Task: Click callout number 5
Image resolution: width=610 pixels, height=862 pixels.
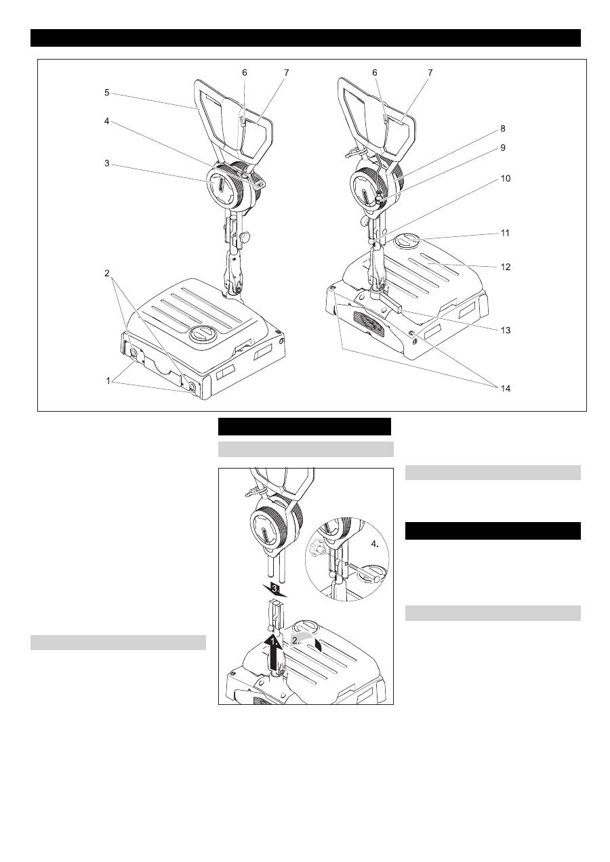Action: pyautogui.click(x=106, y=93)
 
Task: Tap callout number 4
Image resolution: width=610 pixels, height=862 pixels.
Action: pyautogui.click(x=106, y=121)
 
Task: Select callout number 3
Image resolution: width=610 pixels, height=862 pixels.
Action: pyautogui.click(x=106, y=163)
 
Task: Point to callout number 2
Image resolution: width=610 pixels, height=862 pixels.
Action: pyautogui.click(x=106, y=273)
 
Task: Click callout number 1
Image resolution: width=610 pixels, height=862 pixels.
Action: pyautogui.click(x=108, y=381)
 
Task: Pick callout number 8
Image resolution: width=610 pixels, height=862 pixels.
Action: pyautogui.click(x=502, y=129)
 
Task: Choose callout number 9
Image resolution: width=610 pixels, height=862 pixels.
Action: pyautogui.click(x=502, y=148)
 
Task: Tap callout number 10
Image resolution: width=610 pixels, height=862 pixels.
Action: pyautogui.click(x=505, y=179)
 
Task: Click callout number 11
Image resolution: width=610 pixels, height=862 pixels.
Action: pyautogui.click(x=505, y=233)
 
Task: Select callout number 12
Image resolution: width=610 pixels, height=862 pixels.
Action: pyautogui.click(x=505, y=267)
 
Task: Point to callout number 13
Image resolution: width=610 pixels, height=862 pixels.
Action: pyautogui.click(x=505, y=330)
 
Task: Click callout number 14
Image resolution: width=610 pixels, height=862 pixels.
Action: pyautogui.click(x=505, y=388)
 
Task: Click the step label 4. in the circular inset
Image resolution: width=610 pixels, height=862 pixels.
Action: pyautogui.click(x=375, y=544)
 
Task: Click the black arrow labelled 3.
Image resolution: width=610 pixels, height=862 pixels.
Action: pyautogui.click(x=275, y=589)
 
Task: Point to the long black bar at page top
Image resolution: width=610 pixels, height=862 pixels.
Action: pyautogui.click(x=306, y=38)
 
